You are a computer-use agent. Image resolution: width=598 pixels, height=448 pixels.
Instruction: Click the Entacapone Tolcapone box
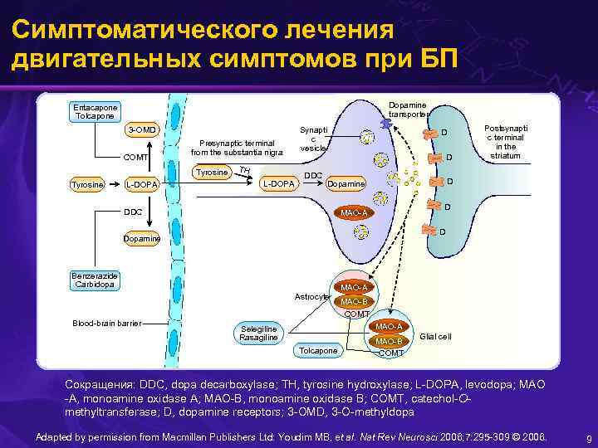[x=95, y=111]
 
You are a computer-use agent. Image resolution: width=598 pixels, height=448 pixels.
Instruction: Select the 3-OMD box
[x=141, y=130]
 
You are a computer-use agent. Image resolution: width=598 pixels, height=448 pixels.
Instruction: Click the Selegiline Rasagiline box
[x=258, y=333]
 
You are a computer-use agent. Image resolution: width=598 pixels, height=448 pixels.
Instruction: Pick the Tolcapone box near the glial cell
[x=317, y=351]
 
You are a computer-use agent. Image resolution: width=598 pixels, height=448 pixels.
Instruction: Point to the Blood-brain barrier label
[x=106, y=323]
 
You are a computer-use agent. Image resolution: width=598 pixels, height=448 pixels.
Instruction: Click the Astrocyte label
[x=311, y=296]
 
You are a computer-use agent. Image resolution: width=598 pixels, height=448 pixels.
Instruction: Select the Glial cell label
[x=436, y=336]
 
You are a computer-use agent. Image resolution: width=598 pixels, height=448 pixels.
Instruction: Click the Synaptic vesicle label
[x=313, y=139]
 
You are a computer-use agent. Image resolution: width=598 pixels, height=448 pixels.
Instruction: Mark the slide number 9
[x=587, y=438]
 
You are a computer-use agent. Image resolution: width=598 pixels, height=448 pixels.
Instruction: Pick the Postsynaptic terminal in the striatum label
[x=505, y=143]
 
